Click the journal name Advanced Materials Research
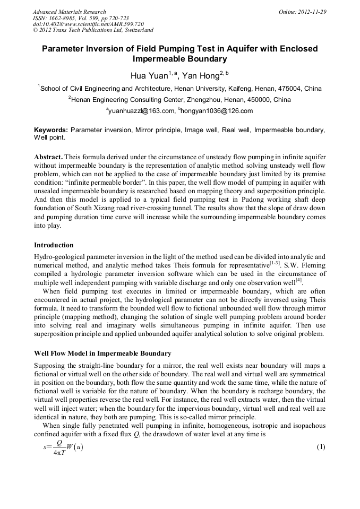[69, 12]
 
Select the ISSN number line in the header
[81, 18]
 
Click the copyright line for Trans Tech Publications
[93, 30]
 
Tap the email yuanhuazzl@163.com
[142, 111]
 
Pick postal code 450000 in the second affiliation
[258, 99]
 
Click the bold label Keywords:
[50, 130]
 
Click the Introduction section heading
[54, 245]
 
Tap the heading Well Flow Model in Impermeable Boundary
[102, 353]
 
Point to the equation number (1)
[320, 446]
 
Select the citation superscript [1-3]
[274, 262]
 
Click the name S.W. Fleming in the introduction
[303, 265]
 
